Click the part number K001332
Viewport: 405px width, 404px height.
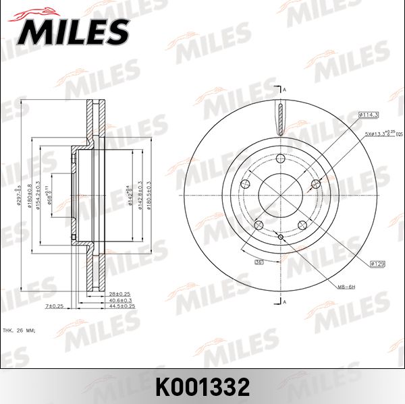click(x=202, y=386)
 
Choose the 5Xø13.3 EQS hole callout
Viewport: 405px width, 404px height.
click(x=382, y=135)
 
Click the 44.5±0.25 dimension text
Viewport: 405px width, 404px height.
click(x=122, y=306)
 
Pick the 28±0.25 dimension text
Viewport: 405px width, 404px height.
click(x=119, y=294)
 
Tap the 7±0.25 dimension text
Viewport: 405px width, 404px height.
click(x=54, y=306)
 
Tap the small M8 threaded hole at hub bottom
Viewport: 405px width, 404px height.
click(x=280, y=236)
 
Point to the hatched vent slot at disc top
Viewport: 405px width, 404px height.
click(x=280, y=119)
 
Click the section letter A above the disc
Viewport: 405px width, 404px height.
click(x=284, y=90)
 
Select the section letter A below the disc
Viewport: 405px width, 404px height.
click(x=284, y=301)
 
